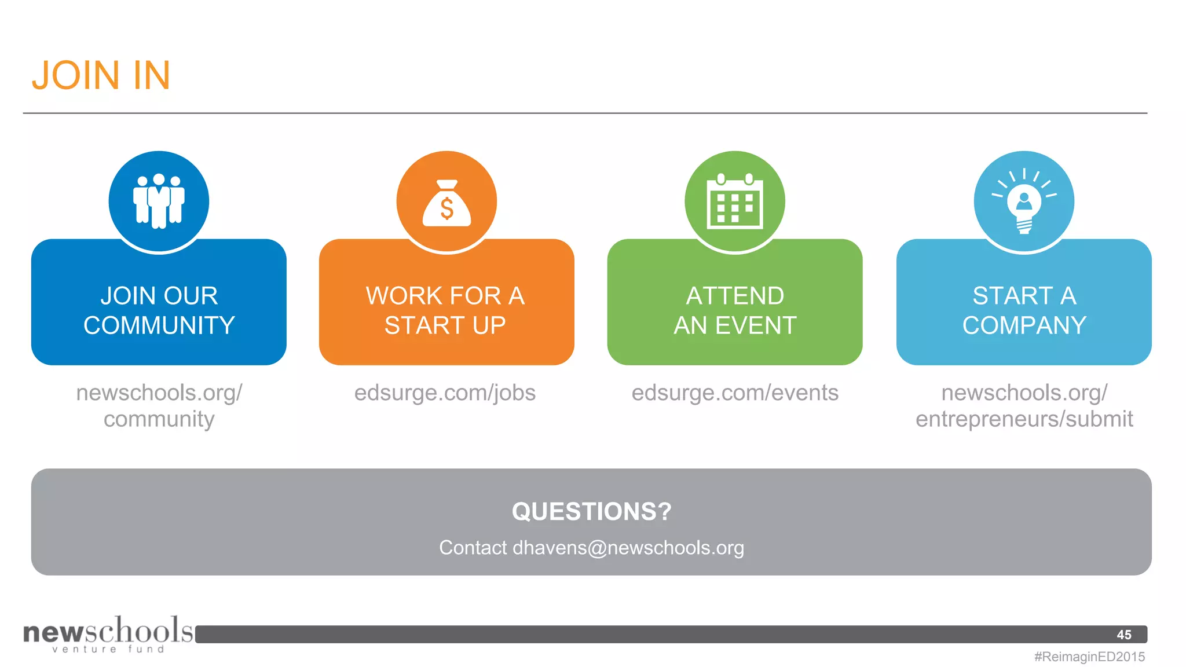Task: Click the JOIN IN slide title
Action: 101,75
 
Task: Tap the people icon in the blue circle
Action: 159,201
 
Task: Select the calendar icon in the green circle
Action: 735,201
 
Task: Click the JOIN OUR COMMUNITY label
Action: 159,310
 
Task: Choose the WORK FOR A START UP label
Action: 445,310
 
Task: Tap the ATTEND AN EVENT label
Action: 735,310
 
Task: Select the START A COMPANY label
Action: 1024,310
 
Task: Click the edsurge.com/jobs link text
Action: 445,393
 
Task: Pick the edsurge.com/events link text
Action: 735,393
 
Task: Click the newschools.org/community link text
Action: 159,405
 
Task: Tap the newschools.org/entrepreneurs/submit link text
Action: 1024,405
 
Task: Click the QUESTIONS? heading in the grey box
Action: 591,511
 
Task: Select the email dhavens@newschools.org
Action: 628,548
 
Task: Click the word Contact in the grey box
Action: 473,548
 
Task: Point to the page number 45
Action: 1124,635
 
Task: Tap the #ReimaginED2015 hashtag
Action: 1089,657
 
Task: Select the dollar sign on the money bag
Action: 446,208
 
